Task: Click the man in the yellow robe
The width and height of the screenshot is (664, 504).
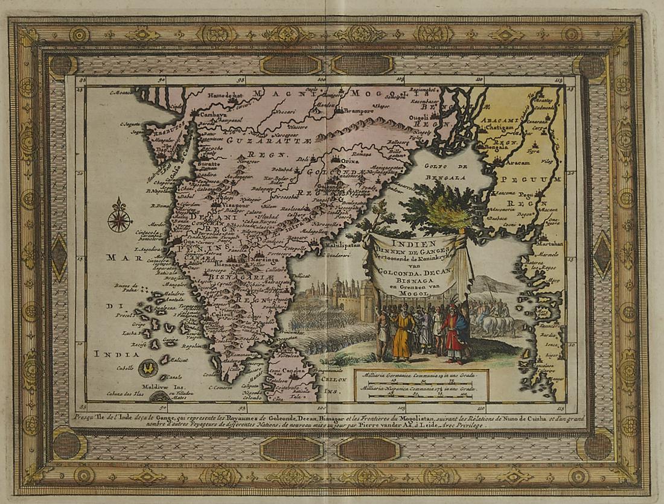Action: [x=402, y=335]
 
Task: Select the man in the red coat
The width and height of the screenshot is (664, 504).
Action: [x=454, y=338]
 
